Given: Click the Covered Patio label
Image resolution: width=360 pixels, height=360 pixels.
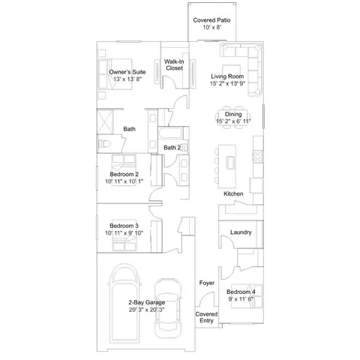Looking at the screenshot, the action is [x=211, y=20].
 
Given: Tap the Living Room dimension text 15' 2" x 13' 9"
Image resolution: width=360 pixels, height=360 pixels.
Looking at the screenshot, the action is [x=227, y=83].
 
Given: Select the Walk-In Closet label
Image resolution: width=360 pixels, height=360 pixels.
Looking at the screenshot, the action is [x=174, y=64].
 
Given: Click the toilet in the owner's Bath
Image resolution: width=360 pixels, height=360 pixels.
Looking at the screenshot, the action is [x=105, y=144].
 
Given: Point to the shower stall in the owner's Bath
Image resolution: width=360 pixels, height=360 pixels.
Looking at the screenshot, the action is [x=105, y=122].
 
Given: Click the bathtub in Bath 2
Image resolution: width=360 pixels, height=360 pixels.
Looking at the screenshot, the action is [x=170, y=133].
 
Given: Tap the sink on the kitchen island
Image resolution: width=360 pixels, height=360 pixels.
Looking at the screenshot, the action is [x=230, y=163].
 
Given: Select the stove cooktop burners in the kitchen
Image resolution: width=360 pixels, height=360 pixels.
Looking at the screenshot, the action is [x=258, y=156].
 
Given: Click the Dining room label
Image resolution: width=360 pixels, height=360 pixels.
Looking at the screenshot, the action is [x=233, y=114].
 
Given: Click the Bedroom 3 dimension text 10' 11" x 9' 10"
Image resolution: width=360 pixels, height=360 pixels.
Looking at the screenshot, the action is [x=124, y=233].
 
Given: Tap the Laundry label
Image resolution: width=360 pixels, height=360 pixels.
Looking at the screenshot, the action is [x=241, y=232].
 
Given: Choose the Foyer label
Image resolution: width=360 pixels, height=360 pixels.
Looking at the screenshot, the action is [x=207, y=283].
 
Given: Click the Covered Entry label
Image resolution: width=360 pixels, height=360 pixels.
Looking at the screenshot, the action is [x=206, y=317].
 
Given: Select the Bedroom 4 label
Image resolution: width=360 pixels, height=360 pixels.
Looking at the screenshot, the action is [x=241, y=292].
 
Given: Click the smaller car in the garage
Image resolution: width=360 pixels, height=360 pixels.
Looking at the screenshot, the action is [x=168, y=308].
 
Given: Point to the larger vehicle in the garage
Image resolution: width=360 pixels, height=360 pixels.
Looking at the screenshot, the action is [x=124, y=302].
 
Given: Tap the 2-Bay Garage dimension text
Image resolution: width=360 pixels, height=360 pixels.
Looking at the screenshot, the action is [x=146, y=310].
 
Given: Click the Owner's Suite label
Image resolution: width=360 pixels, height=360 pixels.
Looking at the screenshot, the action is [x=127, y=72].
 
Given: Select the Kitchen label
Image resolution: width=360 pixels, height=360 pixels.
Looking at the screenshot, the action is [x=233, y=193].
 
